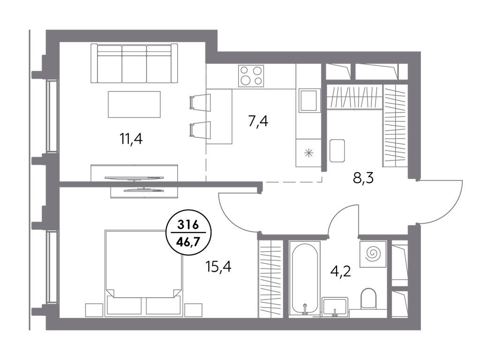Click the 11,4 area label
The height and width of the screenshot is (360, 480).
(131, 139)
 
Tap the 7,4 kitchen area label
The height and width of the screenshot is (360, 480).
(258, 121)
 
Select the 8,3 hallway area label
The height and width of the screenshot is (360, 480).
(363, 178)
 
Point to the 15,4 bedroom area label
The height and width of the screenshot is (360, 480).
(218, 267)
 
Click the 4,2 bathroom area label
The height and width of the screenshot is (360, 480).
(340, 271)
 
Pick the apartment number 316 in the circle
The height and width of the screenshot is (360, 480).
(188, 225)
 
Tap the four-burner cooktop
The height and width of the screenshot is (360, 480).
(251, 76)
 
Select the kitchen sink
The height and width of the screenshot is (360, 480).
(309, 100)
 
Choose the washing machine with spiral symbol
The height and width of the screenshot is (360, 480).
(373, 254)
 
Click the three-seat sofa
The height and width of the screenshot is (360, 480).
(135, 63)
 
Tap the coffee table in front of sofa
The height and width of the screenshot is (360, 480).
(134, 105)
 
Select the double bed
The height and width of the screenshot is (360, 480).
(143, 273)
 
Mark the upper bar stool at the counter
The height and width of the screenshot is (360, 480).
(200, 102)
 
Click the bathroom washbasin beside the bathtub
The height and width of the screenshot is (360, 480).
(335, 307)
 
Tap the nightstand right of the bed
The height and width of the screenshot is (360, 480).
(194, 310)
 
